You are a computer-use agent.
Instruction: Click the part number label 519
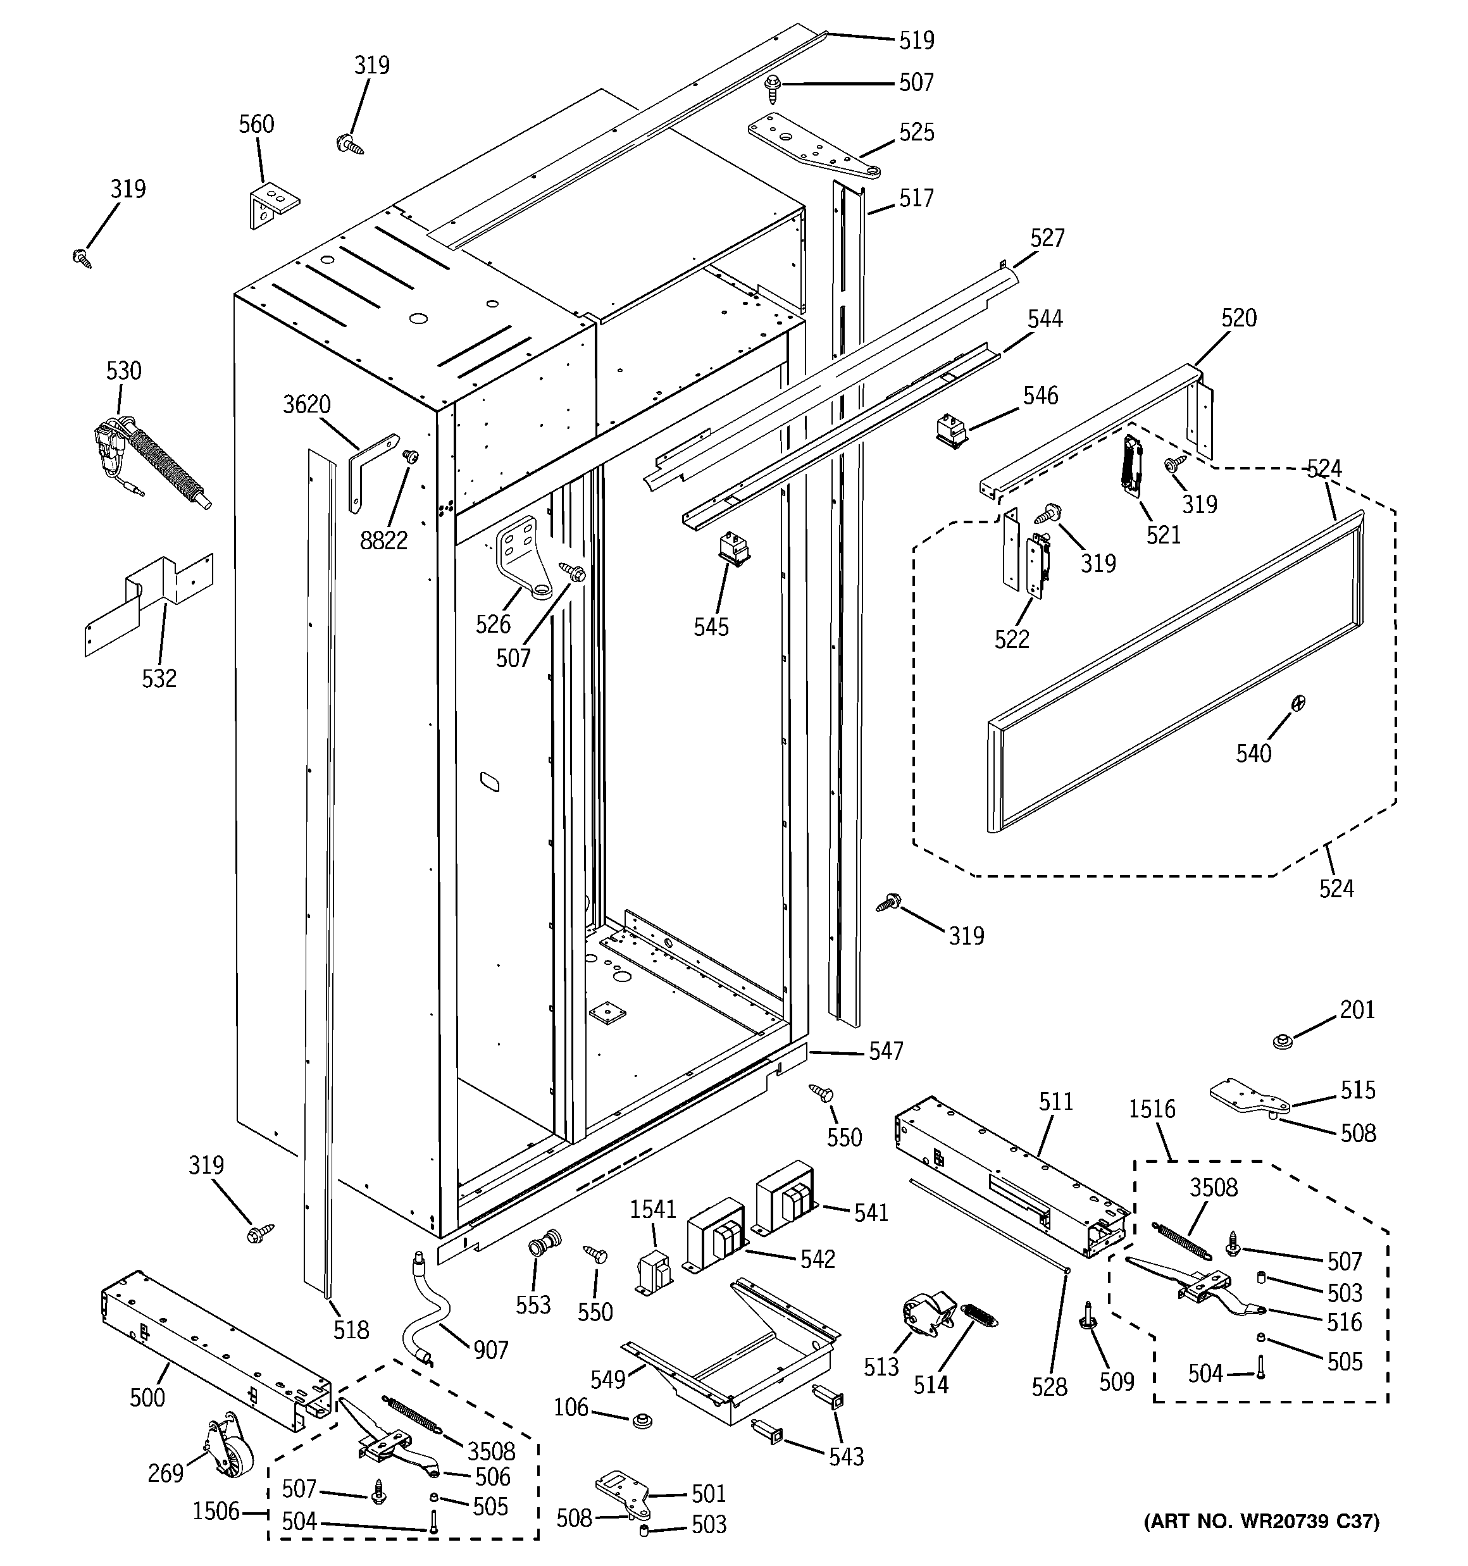pos(916,40)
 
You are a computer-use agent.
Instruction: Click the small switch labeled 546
pos(951,432)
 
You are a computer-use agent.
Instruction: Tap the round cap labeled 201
pos(1285,1041)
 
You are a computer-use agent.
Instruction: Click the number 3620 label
pos(306,405)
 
